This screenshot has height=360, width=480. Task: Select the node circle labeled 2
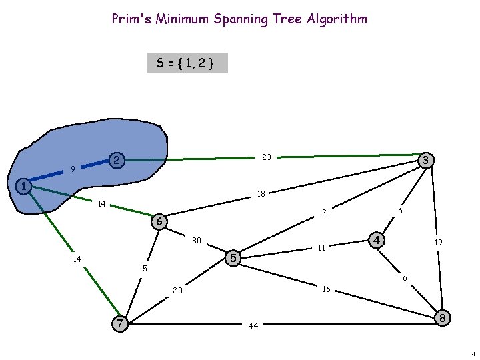click(117, 161)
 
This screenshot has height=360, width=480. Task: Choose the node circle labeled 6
click(159, 221)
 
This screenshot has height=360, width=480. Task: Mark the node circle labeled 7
click(120, 323)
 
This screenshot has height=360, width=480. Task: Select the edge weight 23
click(267, 157)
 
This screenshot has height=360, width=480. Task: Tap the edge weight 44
click(253, 326)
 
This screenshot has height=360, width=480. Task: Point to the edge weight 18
click(261, 194)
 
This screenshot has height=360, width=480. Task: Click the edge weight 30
click(197, 240)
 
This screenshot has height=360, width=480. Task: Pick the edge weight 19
click(438, 243)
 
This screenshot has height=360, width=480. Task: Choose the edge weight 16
click(327, 289)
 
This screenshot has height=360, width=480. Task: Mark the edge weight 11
click(321, 248)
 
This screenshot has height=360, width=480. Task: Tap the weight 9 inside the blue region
click(72, 169)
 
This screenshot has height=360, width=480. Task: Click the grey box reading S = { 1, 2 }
click(187, 63)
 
